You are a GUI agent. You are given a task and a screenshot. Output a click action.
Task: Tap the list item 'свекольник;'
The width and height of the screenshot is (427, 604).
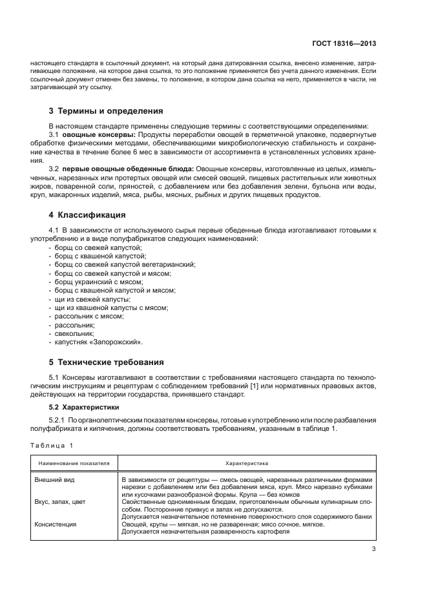[75, 333]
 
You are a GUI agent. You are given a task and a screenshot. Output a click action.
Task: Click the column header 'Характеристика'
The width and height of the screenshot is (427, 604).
[247, 463]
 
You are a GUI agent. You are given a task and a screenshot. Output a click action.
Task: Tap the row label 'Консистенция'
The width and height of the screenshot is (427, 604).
[57, 524]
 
